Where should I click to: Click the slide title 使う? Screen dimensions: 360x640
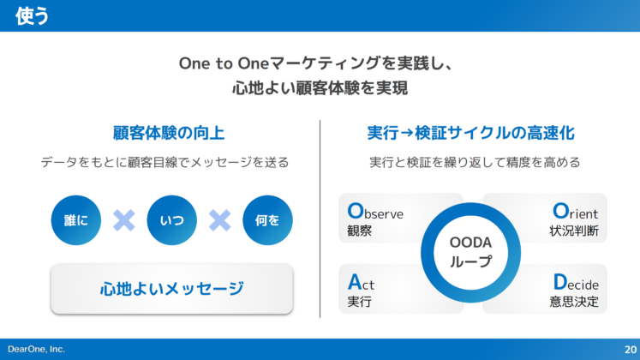32,16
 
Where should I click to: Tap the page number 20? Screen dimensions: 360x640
630,349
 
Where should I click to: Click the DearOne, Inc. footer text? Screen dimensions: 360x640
36,349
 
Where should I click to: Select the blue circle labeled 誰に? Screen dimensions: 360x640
75,220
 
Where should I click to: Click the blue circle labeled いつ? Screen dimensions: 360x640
171,220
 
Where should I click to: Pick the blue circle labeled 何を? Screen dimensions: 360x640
267,220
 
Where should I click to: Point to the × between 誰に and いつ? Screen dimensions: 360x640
124,220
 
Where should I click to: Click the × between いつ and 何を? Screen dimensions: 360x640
220,220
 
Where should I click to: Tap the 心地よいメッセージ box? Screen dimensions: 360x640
171,288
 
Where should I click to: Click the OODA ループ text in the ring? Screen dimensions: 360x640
470,252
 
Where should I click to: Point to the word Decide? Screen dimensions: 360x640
575,283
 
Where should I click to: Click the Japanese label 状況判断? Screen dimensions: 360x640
574,231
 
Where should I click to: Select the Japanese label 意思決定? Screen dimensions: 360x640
574,302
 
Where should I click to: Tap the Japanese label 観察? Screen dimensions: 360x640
359,231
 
